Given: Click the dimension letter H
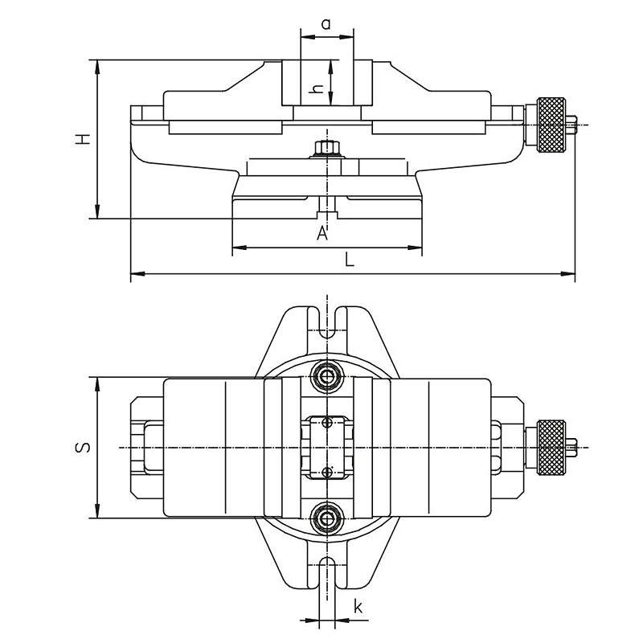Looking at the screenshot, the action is pos(84,139).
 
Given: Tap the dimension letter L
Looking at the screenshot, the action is pos(349,260).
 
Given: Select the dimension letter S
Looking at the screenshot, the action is pos(84,447).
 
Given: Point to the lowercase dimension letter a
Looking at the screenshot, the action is pos(326,24).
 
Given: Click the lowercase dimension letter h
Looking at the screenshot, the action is pos(318,88).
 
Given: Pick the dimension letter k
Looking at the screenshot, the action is pos(358,607).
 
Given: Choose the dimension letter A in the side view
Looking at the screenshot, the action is pos(323,233).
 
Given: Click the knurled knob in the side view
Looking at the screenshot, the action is pos(551,125).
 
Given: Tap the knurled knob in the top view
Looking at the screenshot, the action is pos(551,448).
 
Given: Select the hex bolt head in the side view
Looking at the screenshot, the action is pos(327,148).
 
